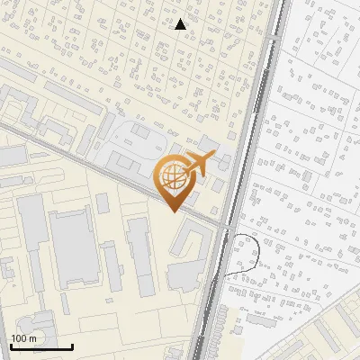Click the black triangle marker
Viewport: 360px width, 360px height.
tap(181, 24)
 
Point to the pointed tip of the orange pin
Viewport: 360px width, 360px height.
tap(173, 211)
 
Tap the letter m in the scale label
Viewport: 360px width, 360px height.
tap(32, 337)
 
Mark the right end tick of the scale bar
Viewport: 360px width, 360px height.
tap(72, 346)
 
